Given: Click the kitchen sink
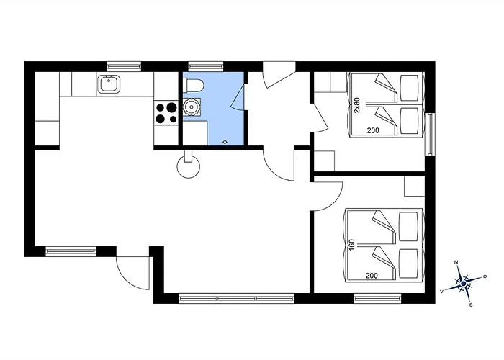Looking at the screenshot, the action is click(108, 84).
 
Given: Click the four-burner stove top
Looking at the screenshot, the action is click(166, 113).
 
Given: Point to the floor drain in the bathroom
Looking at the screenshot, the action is click(225, 142).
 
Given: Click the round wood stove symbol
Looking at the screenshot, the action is click(189, 166).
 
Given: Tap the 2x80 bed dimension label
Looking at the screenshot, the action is click(357, 105).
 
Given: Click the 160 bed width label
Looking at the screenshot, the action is click(351, 245).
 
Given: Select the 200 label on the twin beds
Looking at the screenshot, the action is click(373, 130).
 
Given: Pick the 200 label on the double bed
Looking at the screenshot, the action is click(372, 276).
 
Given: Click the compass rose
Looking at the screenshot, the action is click(463, 284).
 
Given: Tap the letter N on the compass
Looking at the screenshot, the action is click(456, 262).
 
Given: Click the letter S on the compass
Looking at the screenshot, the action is click(471, 305).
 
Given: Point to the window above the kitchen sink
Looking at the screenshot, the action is click(124, 66).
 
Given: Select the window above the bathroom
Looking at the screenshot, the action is click(206, 66).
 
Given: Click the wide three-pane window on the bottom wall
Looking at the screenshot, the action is click(237, 298).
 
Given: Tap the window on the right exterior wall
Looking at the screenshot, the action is click(430, 135).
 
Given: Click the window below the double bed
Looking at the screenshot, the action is click(378, 298).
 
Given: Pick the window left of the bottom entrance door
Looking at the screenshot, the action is click(71, 251).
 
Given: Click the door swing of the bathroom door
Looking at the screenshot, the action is click(238, 96).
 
